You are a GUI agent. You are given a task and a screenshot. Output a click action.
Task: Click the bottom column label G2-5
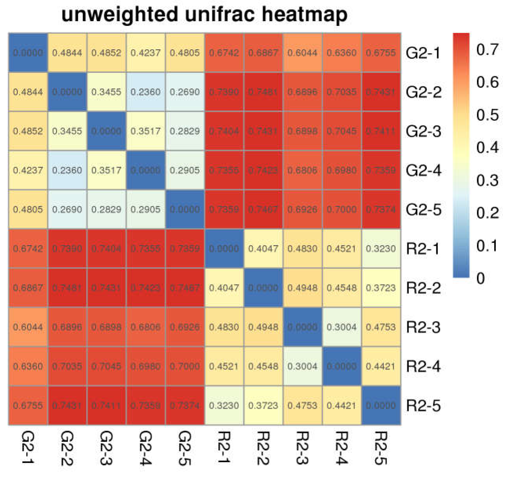(x=185, y=448)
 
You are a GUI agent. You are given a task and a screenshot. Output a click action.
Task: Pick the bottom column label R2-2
(x=263, y=448)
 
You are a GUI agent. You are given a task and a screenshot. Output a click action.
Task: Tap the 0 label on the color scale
(x=481, y=278)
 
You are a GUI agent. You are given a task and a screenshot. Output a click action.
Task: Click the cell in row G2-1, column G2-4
(x=145, y=53)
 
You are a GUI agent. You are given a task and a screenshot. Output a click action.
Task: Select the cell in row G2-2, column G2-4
(x=145, y=92)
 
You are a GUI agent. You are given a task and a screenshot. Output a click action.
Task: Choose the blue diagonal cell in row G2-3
(x=106, y=131)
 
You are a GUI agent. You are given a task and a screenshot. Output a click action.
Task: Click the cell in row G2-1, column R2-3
(x=302, y=53)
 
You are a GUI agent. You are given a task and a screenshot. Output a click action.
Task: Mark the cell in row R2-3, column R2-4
(x=342, y=327)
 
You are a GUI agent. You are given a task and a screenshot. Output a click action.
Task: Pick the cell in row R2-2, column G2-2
(x=67, y=288)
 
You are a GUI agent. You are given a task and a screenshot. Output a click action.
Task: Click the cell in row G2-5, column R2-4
(x=342, y=209)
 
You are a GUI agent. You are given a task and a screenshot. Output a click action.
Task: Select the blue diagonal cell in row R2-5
(x=381, y=405)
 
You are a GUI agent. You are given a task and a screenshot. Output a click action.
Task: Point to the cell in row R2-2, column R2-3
(x=302, y=288)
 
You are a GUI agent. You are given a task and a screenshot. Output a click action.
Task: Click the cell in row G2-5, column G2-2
(x=67, y=209)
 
